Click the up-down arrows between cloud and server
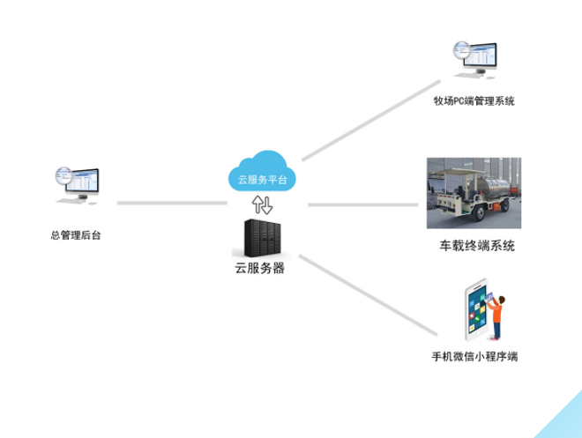point(263,205)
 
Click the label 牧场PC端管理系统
point(474,101)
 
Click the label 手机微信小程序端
point(474,357)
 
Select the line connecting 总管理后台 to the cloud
point(172,203)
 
